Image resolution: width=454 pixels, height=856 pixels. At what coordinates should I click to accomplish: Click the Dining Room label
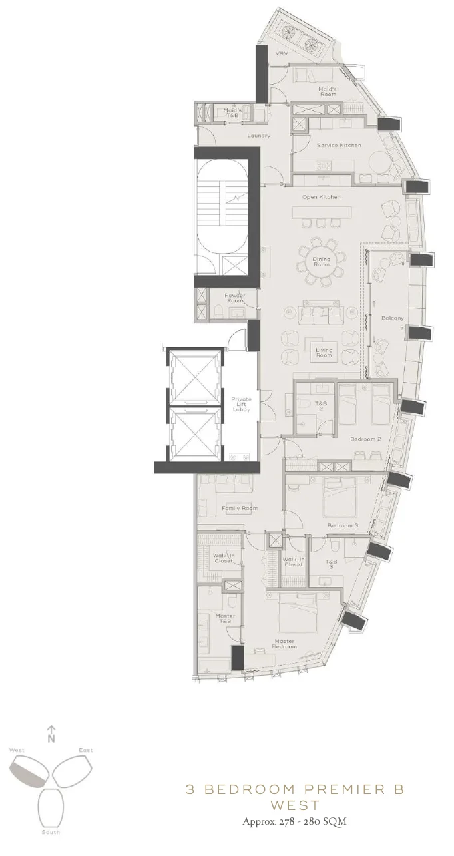pyautogui.click(x=322, y=262)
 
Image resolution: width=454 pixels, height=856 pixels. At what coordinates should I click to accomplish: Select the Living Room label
pyautogui.click(x=324, y=352)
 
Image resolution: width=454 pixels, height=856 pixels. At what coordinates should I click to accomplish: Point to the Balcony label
pyautogui.click(x=392, y=318)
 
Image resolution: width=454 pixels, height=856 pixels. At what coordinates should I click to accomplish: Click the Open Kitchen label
pyautogui.click(x=321, y=197)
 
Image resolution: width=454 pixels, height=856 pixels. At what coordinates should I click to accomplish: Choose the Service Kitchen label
pyautogui.click(x=339, y=145)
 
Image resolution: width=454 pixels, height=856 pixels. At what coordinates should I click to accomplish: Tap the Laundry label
pyautogui.click(x=258, y=136)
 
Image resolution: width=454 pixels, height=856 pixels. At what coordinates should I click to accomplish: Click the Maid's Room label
pyautogui.click(x=327, y=92)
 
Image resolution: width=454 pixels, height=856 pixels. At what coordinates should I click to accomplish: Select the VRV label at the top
pyautogui.click(x=281, y=54)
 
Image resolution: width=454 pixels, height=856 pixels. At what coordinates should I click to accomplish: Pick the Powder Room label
pyautogui.click(x=234, y=298)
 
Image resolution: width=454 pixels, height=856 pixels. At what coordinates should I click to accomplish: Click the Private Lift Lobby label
pyautogui.click(x=241, y=404)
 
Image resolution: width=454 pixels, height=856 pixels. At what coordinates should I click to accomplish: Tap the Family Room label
pyautogui.click(x=239, y=508)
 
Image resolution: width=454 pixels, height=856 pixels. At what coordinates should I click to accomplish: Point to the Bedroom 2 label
pyautogui.click(x=365, y=439)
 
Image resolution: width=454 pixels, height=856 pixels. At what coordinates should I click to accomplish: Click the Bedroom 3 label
pyautogui.click(x=342, y=525)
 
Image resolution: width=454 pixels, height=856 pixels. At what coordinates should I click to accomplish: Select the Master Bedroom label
pyautogui.click(x=284, y=644)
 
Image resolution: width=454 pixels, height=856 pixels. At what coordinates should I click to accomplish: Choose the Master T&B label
pyautogui.click(x=224, y=618)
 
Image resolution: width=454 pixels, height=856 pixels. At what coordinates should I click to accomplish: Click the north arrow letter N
pyautogui.click(x=51, y=738)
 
